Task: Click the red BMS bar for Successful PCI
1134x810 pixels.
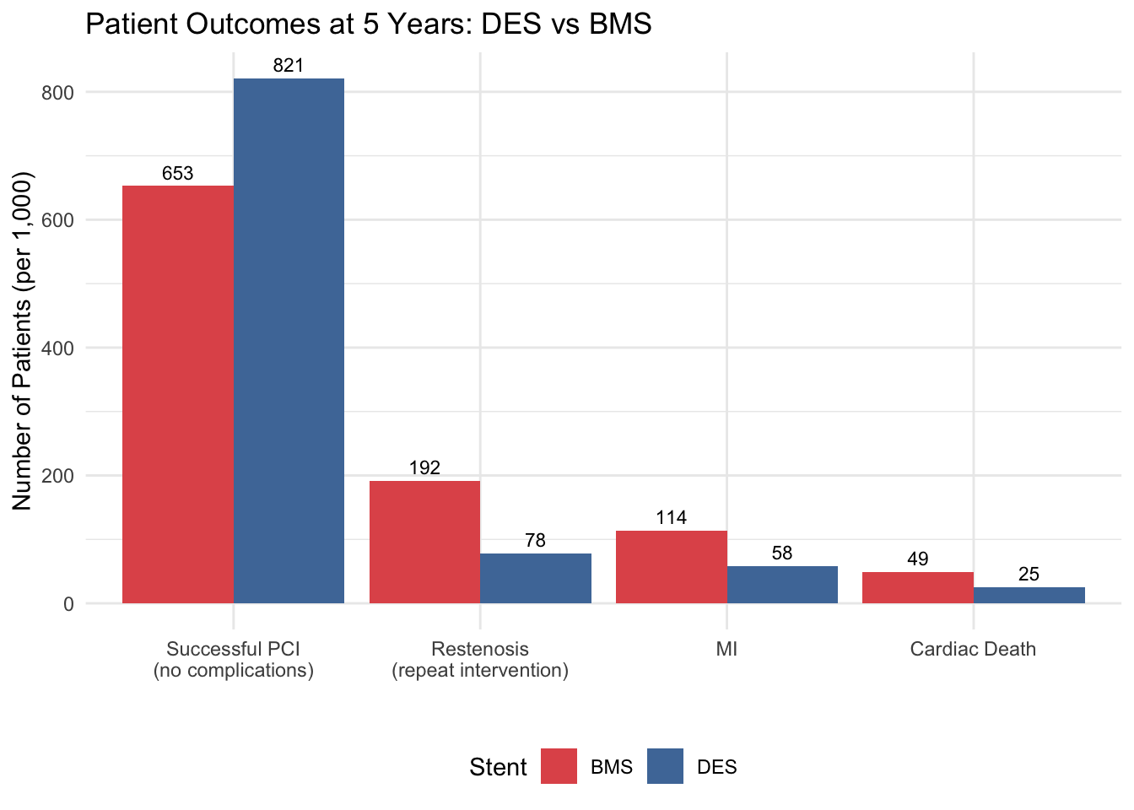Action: pyautogui.click(x=178, y=394)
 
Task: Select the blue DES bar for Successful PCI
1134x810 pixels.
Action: pyautogui.click(x=289, y=341)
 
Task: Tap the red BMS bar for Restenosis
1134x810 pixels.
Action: pyautogui.click(x=424, y=542)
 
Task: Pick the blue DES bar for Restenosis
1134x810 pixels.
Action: pyautogui.click(x=536, y=578)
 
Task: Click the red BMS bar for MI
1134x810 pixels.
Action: pyautogui.click(x=672, y=567)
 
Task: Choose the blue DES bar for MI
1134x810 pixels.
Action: pyautogui.click(x=782, y=585)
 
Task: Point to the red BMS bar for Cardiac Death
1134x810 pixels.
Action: pyautogui.click(x=918, y=587)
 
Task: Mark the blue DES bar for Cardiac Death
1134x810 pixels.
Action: pyautogui.click(x=1029, y=595)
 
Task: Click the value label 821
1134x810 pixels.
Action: pyautogui.click(x=289, y=66)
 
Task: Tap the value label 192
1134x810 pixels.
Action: pyautogui.click(x=424, y=468)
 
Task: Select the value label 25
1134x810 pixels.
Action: pyautogui.click(x=1029, y=575)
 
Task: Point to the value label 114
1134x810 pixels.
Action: pyautogui.click(x=672, y=518)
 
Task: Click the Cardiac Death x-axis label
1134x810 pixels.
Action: pyautogui.click(x=973, y=649)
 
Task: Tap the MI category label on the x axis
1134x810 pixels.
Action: pyautogui.click(x=726, y=649)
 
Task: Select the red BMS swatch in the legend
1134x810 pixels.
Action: pyautogui.click(x=559, y=766)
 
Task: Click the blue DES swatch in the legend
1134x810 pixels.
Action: pyautogui.click(x=665, y=766)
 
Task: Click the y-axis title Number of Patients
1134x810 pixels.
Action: pyautogui.click(x=23, y=341)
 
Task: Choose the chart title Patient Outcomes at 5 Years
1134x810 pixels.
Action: pyautogui.click(x=369, y=24)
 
